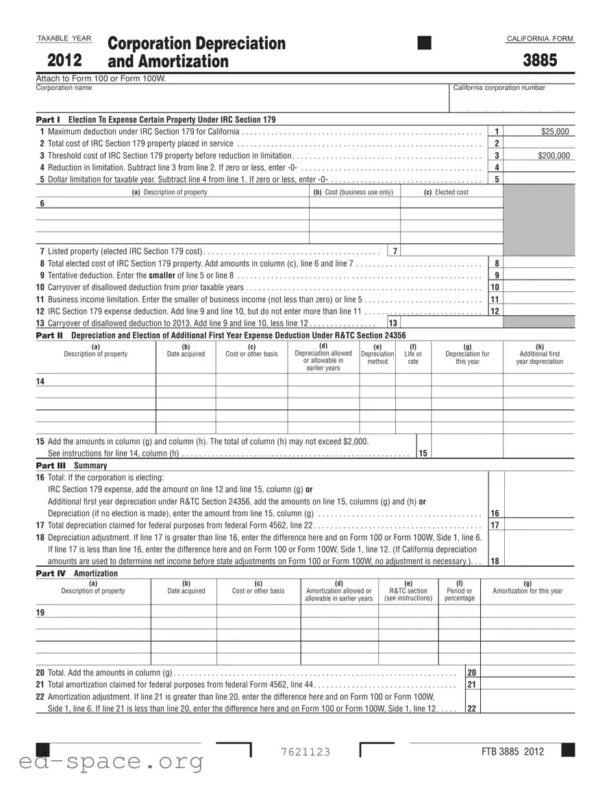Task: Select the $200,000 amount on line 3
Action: [553, 156]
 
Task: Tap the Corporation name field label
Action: [64, 88]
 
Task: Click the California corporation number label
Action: [499, 88]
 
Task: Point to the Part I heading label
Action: [48, 120]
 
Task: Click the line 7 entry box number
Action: [395, 250]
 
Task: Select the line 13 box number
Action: [392, 323]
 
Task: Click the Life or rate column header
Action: [413, 354]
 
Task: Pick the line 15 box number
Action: [423, 453]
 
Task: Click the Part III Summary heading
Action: [71, 465]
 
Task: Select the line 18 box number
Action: [495, 561]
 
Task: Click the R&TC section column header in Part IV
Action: [408, 591]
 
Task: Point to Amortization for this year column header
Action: [527, 587]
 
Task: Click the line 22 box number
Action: [471, 709]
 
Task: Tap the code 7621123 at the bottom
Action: [305, 752]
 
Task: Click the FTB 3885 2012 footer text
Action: [512, 751]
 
